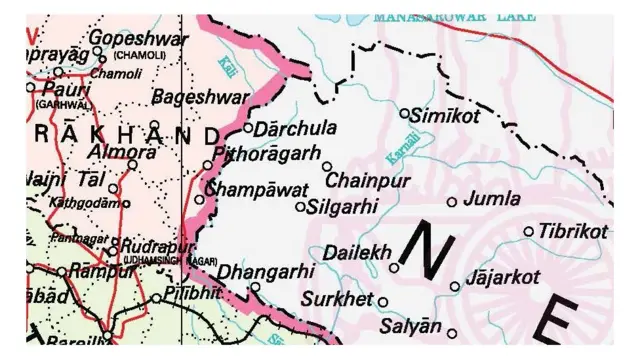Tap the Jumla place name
(493, 198)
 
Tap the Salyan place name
(410, 326)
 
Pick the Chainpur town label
(370, 181)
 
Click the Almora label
(122, 152)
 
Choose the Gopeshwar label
(126, 37)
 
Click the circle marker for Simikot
(405, 113)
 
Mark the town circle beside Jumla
(452, 202)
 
